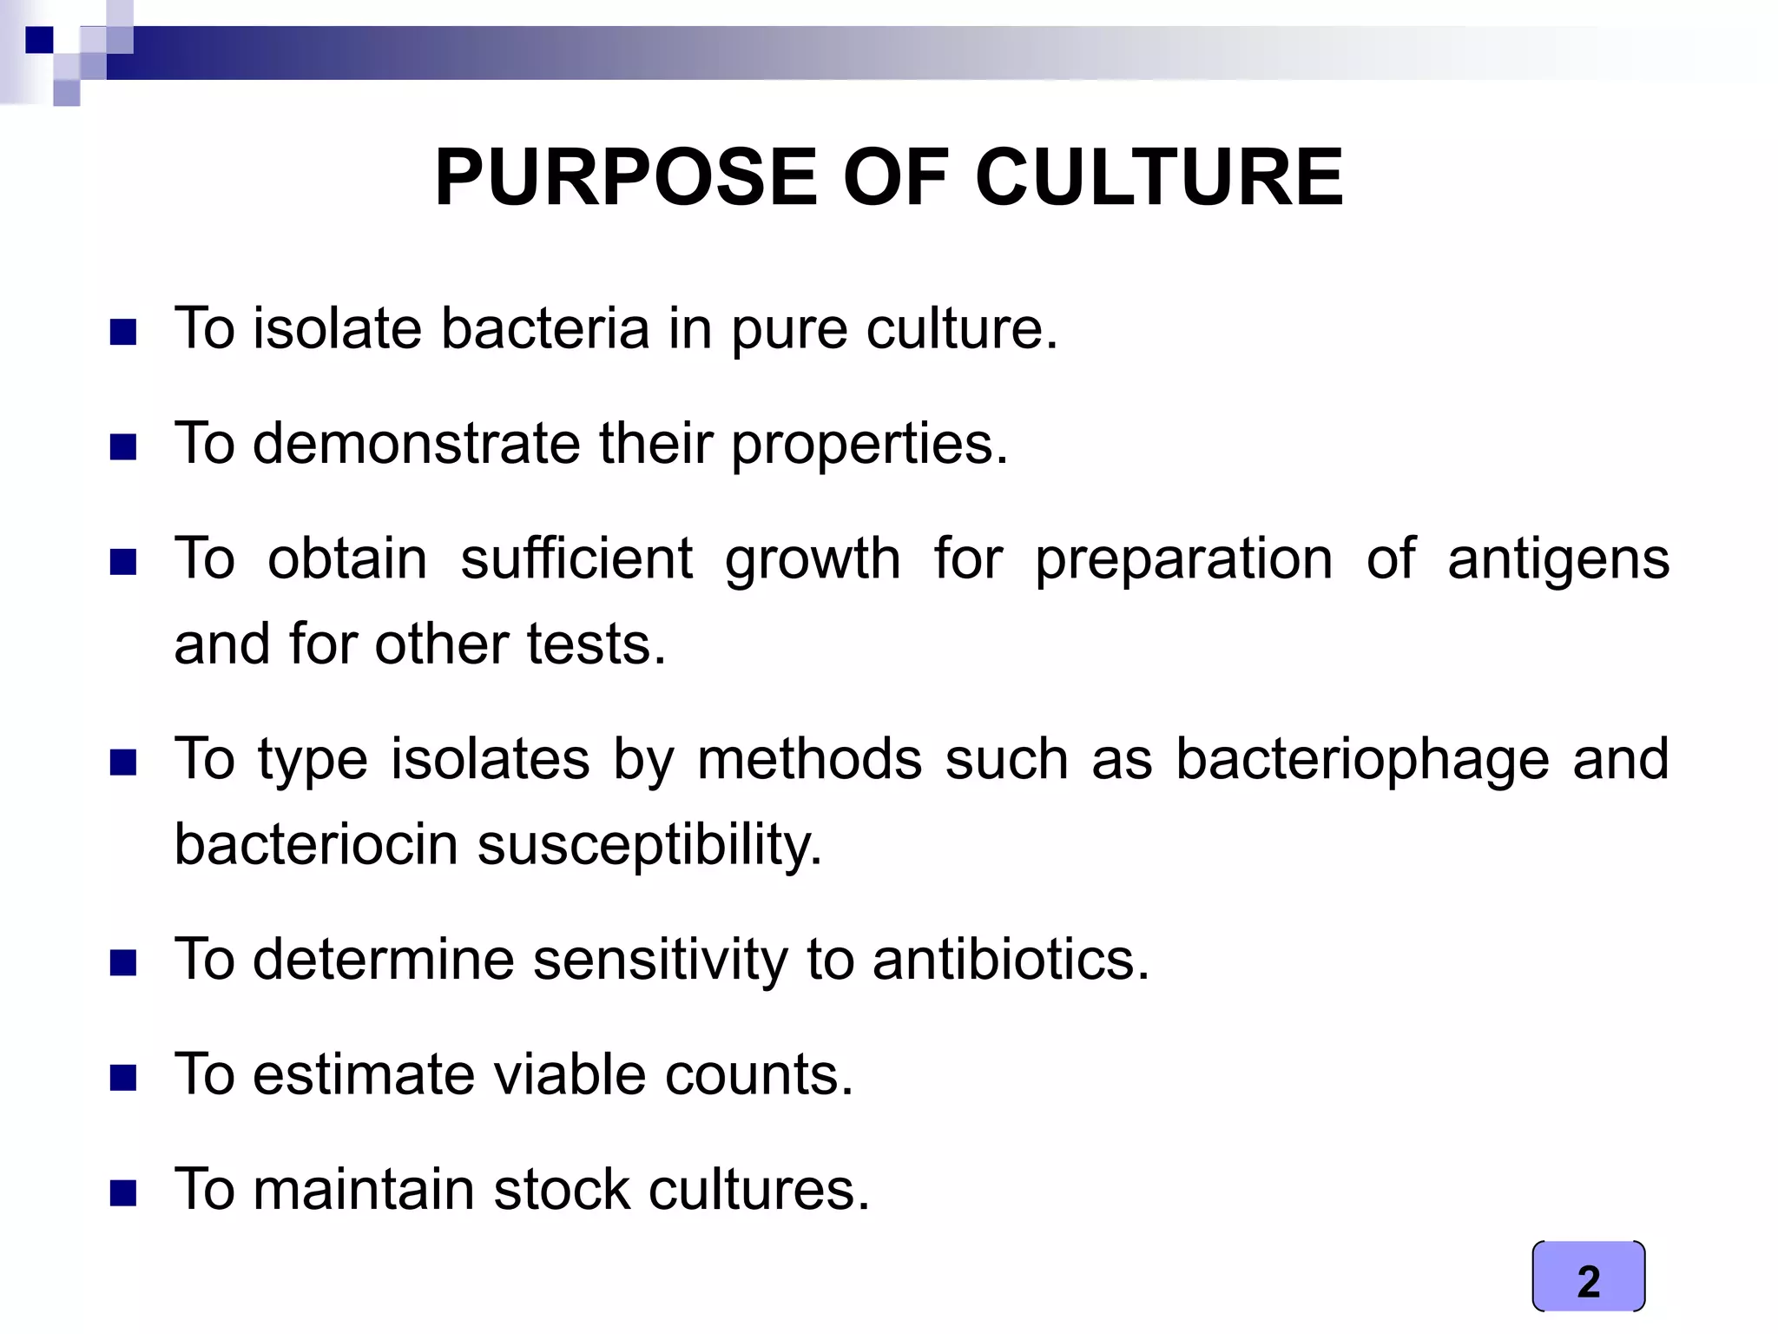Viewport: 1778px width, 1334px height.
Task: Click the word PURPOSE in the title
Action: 625,178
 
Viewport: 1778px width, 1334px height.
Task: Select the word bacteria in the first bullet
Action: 544,329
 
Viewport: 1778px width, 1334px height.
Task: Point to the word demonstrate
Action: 416,444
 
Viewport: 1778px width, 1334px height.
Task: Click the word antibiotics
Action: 1011,960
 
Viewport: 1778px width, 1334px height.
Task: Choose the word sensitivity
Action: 661,961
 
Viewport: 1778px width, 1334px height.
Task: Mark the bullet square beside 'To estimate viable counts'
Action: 123,1079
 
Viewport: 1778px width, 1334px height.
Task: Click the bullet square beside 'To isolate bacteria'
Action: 123,333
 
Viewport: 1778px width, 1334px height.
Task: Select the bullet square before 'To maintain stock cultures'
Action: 123,1193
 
